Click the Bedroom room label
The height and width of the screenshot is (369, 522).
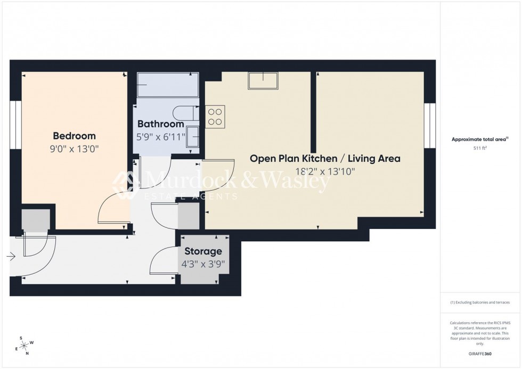[x=74, y=136]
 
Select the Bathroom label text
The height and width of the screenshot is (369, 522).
[x=160, y=124]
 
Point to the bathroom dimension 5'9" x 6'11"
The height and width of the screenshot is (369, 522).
[x=160, y=136]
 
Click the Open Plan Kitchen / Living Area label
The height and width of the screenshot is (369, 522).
[x=325, y=158]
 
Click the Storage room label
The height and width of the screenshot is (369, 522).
[x=203, y=251]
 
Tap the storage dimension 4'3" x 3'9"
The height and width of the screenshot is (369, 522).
[x=203, y=263]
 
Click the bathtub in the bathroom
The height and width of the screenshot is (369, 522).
[x=167, y=85]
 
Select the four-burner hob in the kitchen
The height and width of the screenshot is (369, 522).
[x=215, y=117]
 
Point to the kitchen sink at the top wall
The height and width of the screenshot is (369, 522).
[x=263, y=81]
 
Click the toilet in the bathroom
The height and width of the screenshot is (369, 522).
[x=185, y=113]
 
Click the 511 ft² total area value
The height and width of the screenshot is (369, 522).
[x=480, y=148]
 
